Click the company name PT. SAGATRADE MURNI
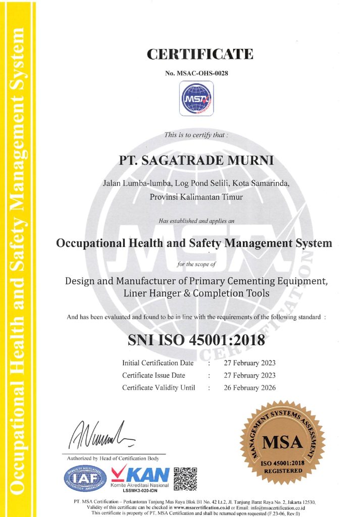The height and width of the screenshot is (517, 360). click(x=196, y=161)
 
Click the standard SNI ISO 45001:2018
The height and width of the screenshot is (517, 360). click(x=196, y=340)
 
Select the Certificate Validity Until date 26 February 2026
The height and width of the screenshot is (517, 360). click(x=249, y=388)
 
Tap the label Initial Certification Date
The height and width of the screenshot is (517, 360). click(x=158, y=363)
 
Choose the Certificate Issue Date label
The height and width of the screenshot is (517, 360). click(x=153, y=376)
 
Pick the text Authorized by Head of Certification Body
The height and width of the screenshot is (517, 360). click(x=113, y=458)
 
